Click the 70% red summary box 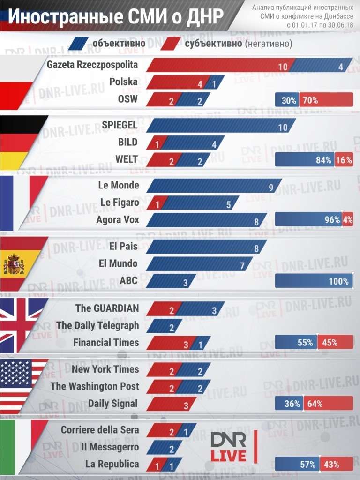326,100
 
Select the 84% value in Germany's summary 323,160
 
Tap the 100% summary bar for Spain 314,281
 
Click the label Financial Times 106,343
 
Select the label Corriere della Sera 100,430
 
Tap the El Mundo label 118,263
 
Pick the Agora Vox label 118,219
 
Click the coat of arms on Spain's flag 14,265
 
